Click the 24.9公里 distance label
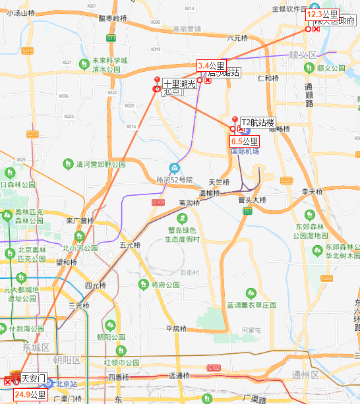[x=30, y=395]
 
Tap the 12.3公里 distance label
[x=323, y=14]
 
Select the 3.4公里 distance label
[x=212, y=65]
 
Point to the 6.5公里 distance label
[x=245, y=142]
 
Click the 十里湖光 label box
[x=180, y=84]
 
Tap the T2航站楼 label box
[x=257, y=122]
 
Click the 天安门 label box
[x=33, y=378]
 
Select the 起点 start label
[x=172, y=92]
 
